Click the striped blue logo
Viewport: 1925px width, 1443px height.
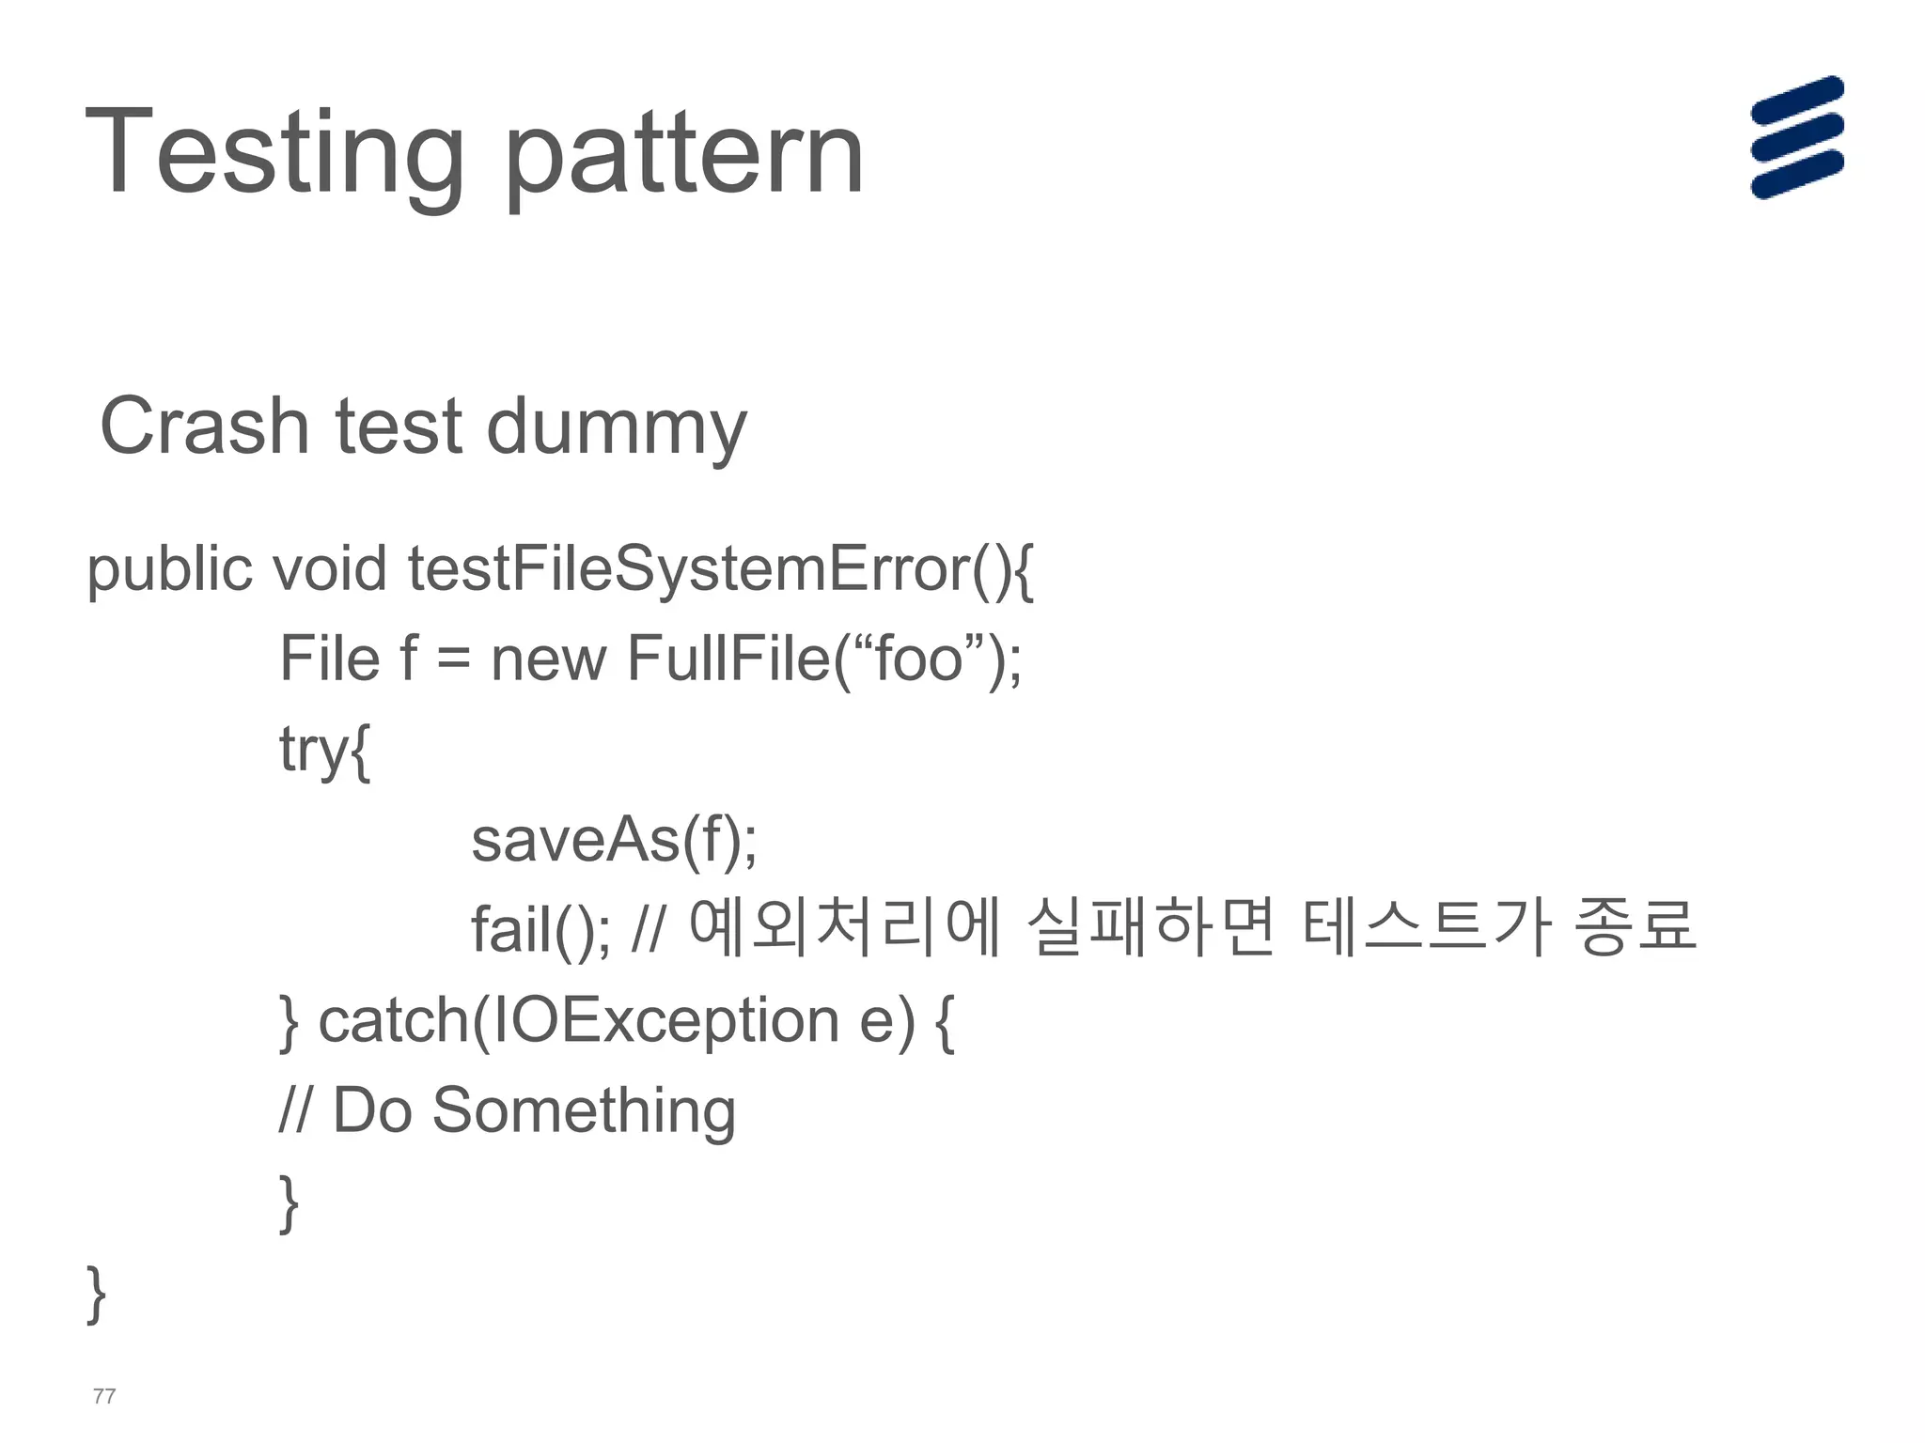[x=1796, y=138]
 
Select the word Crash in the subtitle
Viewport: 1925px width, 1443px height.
[x=204, y=427]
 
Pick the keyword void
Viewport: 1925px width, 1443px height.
[x=329, y=568]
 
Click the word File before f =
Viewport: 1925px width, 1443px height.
[x=329, y=658]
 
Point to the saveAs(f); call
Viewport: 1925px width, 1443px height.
[x=614, y=839]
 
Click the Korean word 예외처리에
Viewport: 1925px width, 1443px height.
[x=844, y=927]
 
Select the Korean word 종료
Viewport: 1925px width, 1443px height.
[x=1635, y=927]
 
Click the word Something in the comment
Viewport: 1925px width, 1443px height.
[x=583, y=1109]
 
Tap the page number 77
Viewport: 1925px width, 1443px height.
[x=104, y=1396]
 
